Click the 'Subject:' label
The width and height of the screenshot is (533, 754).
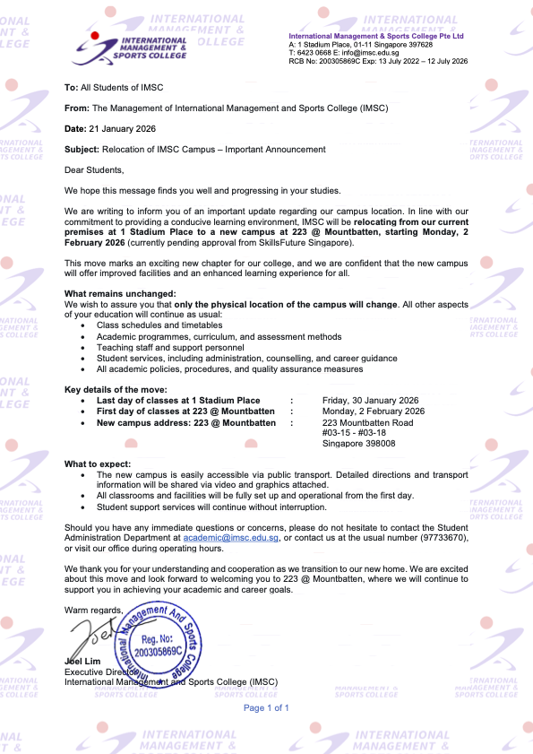click(x=82, y=149)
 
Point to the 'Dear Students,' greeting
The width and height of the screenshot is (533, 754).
click(x=94, y=169)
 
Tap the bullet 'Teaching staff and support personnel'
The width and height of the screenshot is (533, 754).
click(x=170, y=347)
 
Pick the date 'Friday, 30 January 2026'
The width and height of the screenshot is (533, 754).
click(x=370, y=400)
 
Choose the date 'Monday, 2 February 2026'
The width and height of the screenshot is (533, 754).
click(x=373, y=411)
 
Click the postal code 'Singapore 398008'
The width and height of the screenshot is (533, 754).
click(x=358, y=443)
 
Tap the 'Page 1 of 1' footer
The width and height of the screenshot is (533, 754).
click(x=266, y=707)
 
